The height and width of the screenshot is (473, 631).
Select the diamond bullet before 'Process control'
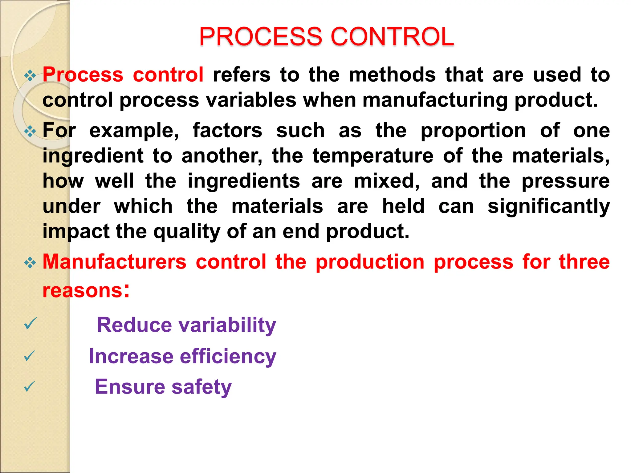click(30, 75)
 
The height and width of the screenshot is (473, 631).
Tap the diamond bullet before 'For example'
click(30, 131)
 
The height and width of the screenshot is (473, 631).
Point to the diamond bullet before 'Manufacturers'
click(30, 263)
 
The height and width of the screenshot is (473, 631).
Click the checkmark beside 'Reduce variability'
click(31, 324)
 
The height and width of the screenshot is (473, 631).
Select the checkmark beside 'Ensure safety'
click(30, 386)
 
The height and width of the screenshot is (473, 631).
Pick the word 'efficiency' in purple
click(228, 357)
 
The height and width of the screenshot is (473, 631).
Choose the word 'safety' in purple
click(202, 387)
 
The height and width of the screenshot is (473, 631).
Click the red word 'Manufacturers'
click(115, 262)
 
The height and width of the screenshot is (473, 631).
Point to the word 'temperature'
click(373, 156)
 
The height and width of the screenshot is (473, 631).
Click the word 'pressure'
click(565, 181)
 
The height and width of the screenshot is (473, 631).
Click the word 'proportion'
click(473, 131)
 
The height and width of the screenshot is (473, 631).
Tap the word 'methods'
click(392, 75)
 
